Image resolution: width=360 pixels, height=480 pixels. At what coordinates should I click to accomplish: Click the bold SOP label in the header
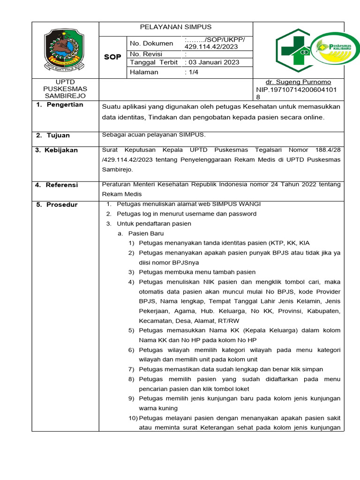[112, 57]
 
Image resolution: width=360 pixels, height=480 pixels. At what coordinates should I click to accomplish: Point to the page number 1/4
[192, 72]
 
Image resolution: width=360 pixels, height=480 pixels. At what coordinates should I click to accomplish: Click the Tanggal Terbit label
[153, 62]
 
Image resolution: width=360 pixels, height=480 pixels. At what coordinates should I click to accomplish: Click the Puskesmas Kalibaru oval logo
[335, 49]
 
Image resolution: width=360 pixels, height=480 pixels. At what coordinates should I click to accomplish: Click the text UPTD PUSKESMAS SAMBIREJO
[65, 89]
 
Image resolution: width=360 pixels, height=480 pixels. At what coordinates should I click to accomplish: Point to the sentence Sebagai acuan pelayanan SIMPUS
[154, 135]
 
